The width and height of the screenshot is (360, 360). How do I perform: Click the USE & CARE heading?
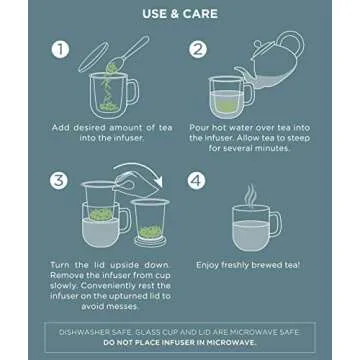tap(180, 17)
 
